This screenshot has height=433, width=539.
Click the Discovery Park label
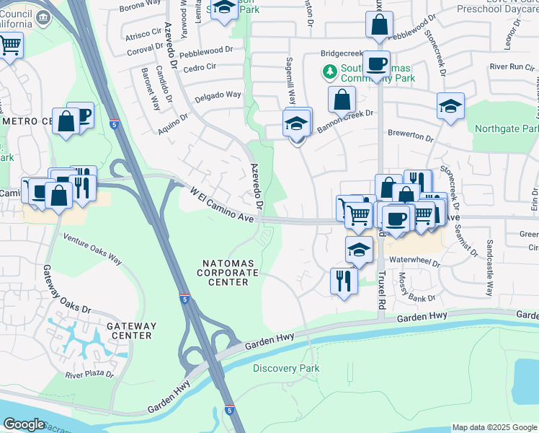tap(286, 368)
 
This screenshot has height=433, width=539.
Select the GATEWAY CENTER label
tap(130, 331)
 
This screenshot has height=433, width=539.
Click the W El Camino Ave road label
tap(223, 206)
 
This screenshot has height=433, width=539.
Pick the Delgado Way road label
tap(217, 95)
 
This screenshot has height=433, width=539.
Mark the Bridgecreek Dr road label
tap(344, 53)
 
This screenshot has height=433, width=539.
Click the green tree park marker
tap(329, 71)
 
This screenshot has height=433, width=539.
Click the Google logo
tap(24, 424)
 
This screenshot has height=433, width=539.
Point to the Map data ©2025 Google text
tap(494, 427)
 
